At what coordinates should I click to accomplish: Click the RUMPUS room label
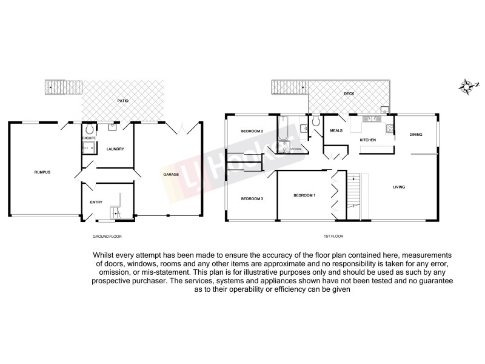pos(42,172)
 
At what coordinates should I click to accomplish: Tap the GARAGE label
pos(170,175)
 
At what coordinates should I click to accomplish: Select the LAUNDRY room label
pos(115,149)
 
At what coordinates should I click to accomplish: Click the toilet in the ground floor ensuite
pos(89,129)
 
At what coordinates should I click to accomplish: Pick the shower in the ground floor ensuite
pos(89,147)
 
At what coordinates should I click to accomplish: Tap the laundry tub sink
pos(112,128)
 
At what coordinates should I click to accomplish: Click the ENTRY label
pos(96,202)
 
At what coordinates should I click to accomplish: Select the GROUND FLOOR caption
pos(107,235)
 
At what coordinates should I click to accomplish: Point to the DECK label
pos(349,93)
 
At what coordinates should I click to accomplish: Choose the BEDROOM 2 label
pos(251,131)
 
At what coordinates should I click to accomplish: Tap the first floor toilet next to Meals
pos(315,123)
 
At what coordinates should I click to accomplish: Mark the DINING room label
pos(415,135)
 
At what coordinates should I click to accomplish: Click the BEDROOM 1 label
pos(304,195)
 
